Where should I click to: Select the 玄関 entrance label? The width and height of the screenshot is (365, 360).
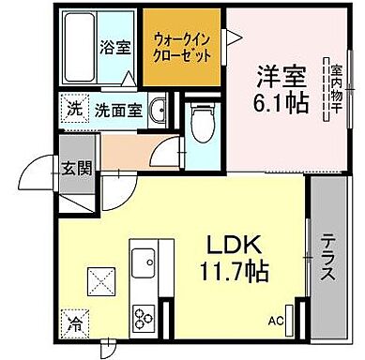point(76,169)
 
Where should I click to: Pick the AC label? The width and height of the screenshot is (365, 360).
point(276,321)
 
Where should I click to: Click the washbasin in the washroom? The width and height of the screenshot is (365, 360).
point(160,108)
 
